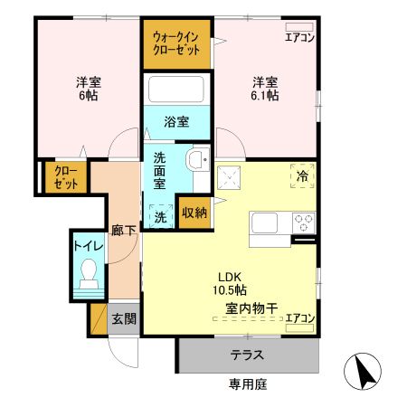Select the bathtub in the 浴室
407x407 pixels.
(x=176, y=90)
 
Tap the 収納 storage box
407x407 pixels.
(x=194, y=213)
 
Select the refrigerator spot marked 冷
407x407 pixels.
(x=302, y=175)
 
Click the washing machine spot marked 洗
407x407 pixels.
(x=159, y=217)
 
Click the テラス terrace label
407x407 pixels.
(x=247, y=355)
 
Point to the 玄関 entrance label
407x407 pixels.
(x=123, y=318)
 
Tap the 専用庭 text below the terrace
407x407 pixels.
(x=247, y=383)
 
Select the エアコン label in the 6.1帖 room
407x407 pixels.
(x=299, y=37)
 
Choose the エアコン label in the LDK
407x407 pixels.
(x=299, y=317)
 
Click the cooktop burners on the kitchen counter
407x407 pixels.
(x=303, y=221)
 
